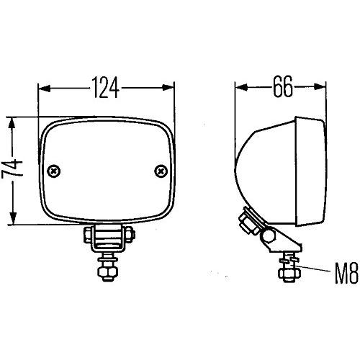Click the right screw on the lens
click(x=160, y=171)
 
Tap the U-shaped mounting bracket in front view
click(x=107, y=236)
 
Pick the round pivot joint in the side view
click(x=271, y=235)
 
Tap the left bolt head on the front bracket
click(x=86, y=235)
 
